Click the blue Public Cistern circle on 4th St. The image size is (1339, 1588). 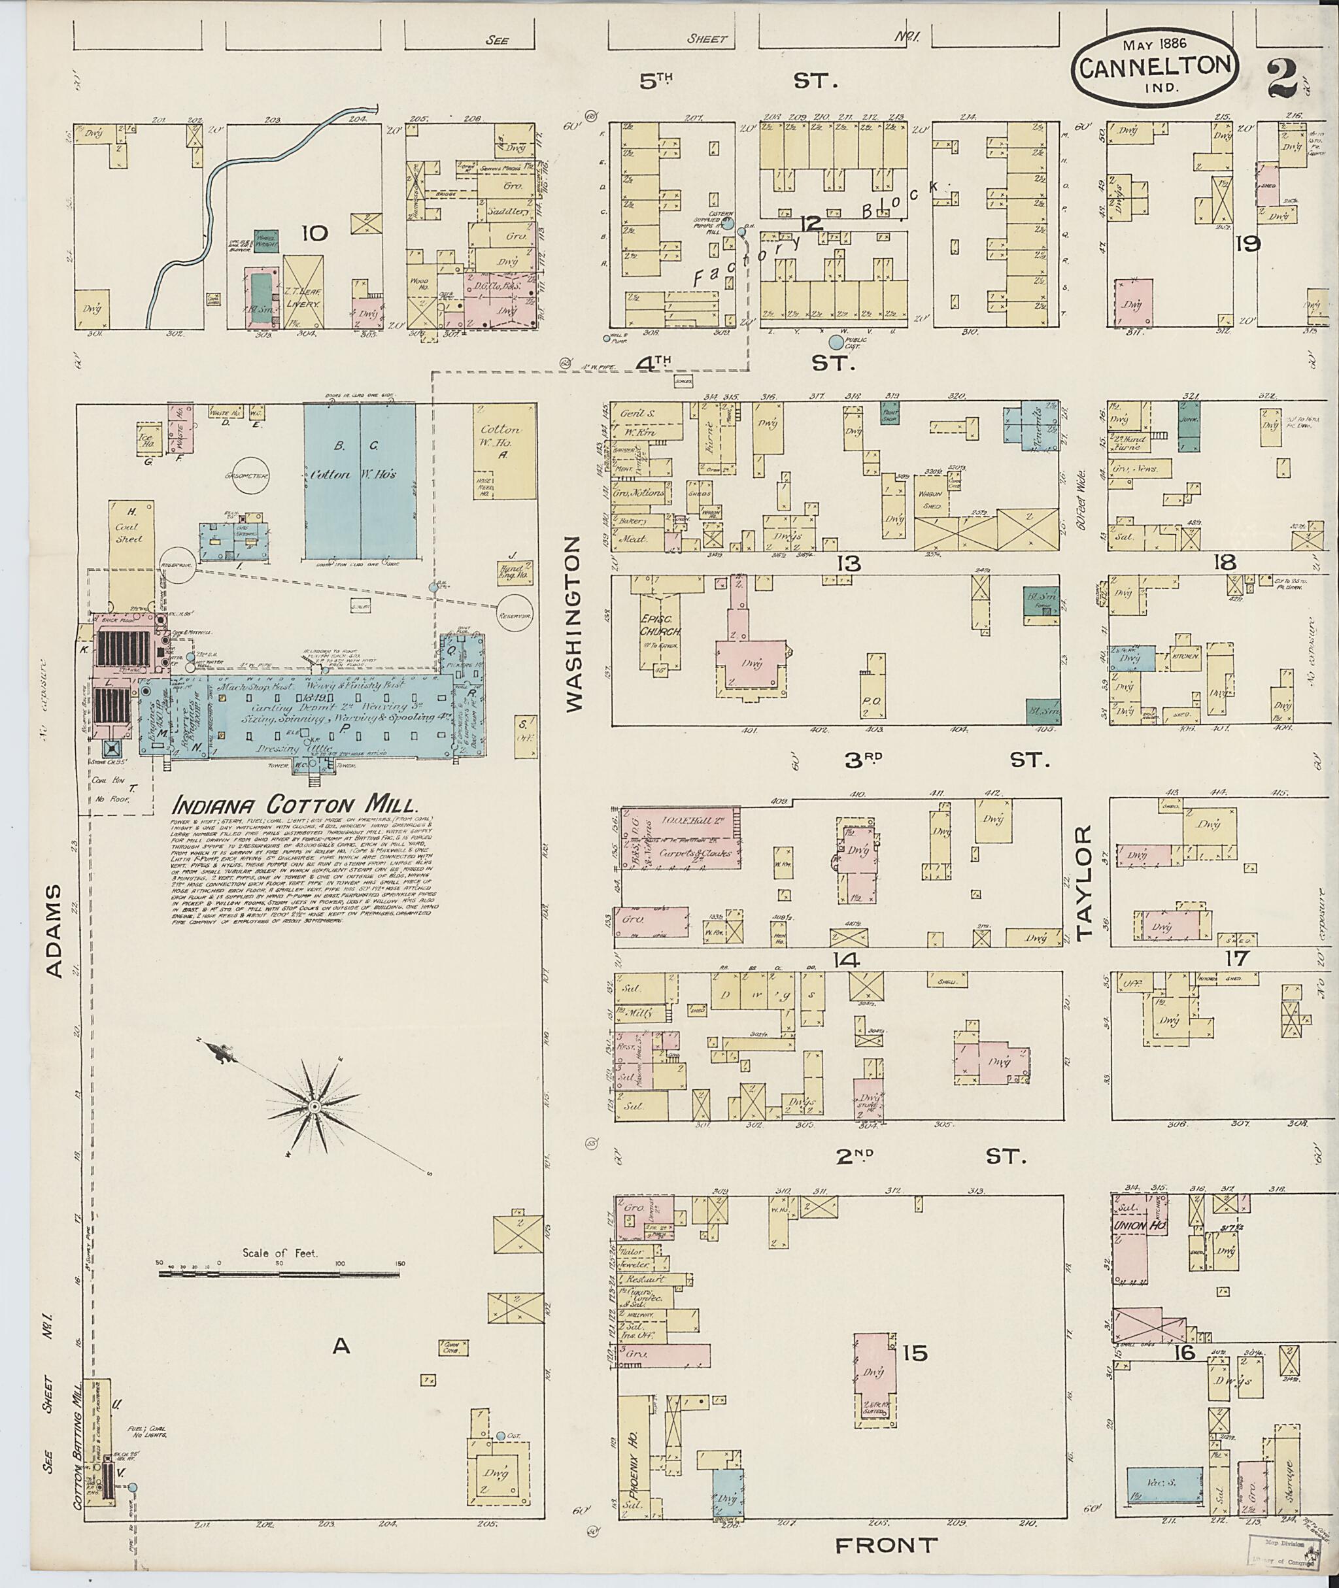tap(836, 343)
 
